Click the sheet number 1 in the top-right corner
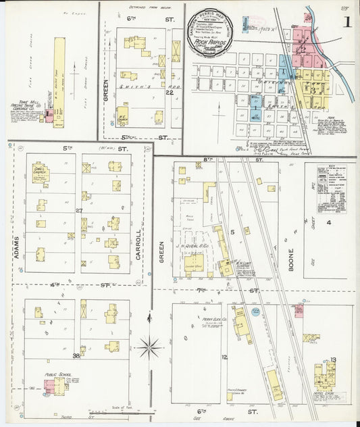pyautogui.click(x=347, y=21)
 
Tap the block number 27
pyautogui.click(x=78, y=211)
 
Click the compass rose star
pyautogui.click(x=149, y=349)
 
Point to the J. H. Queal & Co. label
pyautogui.click(x=191, y=254)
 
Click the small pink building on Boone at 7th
pyautogui.click(x=298, y=310)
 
